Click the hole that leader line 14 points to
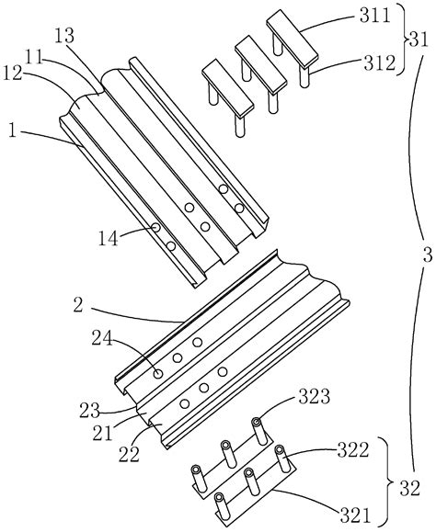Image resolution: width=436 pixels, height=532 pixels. coord(156,227)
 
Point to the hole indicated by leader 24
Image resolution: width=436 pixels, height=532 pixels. coord(159,373)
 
